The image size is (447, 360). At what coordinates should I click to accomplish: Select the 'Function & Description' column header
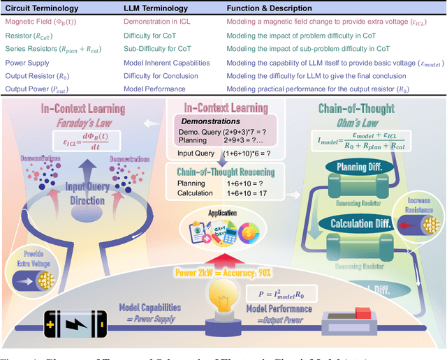[x=269, y=9]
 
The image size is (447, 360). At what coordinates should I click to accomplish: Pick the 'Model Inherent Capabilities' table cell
[x=166, y=63]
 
